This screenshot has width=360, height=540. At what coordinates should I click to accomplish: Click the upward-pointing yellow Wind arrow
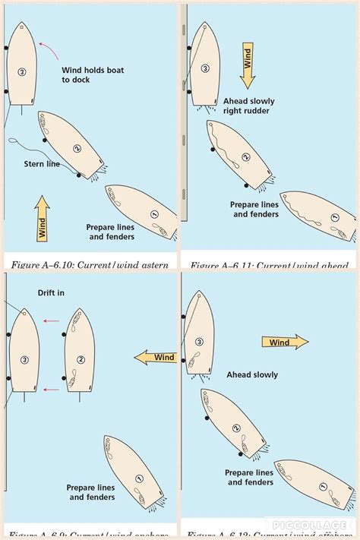pyautogui.click(x=43, y=218)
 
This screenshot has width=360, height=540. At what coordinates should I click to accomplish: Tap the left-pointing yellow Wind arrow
pyautogui.click(x=155, y=357)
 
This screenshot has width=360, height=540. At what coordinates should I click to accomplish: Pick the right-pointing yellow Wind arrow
pyautogui.click(x=285, y=343)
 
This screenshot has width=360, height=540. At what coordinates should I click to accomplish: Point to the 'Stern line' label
pyautogui.click(x=43, y=163)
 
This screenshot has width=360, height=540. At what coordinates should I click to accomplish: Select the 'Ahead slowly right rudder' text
pyautogui.click(x=248, y=106)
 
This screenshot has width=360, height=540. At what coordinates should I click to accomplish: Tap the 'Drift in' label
pyautogui.click(x=50, y=292)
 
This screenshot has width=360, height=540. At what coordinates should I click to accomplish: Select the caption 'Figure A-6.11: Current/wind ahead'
pyautogui.click(x=269, y=265)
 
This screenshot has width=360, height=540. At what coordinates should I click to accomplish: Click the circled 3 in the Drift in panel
pyautogui.click(x=24, y=359)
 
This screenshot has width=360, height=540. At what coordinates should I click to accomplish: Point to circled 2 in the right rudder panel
pyautogui.click(x=245, y=157)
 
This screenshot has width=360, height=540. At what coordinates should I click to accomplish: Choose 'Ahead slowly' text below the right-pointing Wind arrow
pyautogui.click(x=252, y=374)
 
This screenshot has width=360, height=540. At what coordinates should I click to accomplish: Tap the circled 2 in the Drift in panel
pyautogui.click(x=79, y=359)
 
